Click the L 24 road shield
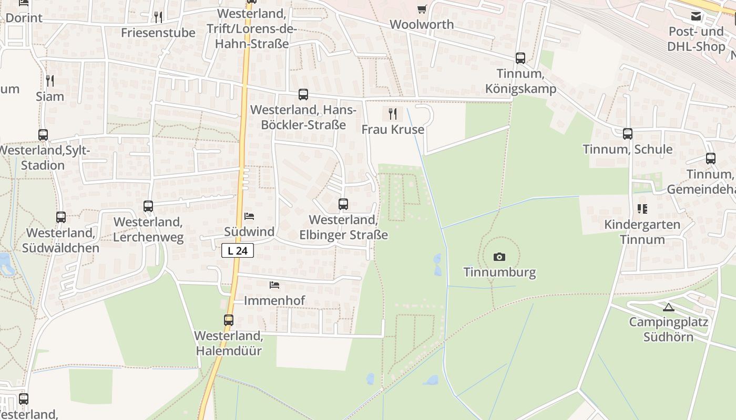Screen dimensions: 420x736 (238, 251)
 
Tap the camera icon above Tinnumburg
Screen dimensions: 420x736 (499, 257)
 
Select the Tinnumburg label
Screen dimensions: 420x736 (499, 272)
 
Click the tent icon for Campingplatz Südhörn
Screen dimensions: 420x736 (668, 307)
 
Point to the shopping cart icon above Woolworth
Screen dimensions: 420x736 (422, 9)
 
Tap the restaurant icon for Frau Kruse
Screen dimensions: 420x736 (392, 113)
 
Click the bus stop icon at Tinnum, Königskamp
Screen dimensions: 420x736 (520, 58)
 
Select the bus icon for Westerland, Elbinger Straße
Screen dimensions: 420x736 (343, 204)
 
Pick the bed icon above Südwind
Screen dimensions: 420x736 (249, 216)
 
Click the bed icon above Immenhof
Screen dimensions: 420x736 (274, 285)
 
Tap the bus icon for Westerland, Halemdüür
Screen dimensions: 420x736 (229, 320)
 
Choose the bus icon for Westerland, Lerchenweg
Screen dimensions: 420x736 (148, 206)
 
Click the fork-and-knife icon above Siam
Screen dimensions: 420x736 (50, 81)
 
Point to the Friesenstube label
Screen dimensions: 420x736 (158, 33)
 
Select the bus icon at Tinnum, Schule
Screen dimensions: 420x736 (628, 134)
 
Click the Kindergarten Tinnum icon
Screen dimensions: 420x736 (642, 209)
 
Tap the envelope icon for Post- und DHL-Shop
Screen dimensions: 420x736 (696, 16)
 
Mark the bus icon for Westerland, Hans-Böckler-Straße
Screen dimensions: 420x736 (303, 94)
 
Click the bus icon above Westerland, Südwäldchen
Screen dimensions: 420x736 (61, 217)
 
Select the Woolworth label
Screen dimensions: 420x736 (422, 24)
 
